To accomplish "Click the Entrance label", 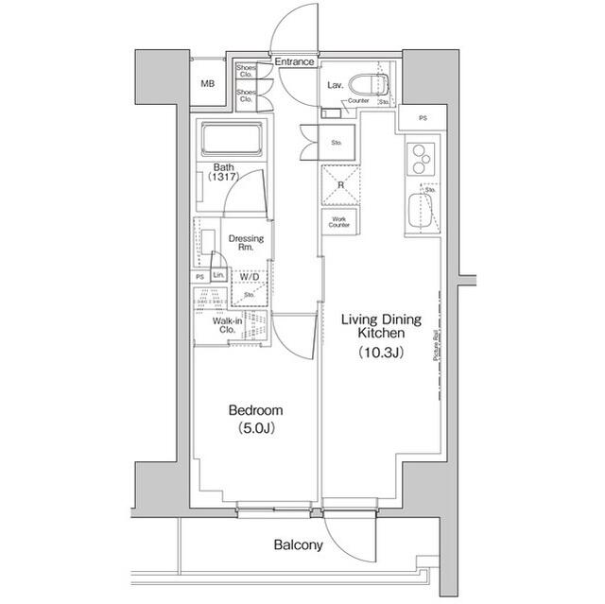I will coord(294,62).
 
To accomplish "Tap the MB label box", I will coord(207,84).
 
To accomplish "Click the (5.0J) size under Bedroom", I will coord(255,428).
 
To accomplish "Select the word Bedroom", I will coord(255,410).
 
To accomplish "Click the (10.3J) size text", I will coord(381,353).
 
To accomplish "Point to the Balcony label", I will coord(299,545).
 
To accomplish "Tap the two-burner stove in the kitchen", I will coord(420,158).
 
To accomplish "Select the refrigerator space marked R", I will coord(340,185).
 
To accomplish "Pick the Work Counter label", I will coord(339,222).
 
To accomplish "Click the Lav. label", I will coord(335,85).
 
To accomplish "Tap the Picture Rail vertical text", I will coord(435,346).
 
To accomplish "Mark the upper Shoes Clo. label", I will coord(245,72).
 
